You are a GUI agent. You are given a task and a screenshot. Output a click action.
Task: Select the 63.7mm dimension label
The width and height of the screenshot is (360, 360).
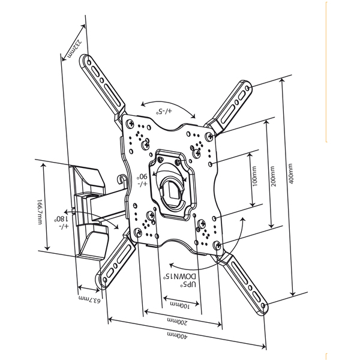[x=89, y=299]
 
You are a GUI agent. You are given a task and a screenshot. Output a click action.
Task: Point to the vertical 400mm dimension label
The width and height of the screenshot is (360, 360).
[x=290, y=173]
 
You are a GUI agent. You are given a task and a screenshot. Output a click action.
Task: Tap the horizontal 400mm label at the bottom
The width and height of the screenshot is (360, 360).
[x=177, y=335]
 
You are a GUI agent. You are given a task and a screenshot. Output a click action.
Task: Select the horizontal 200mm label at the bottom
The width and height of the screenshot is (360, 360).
[x=177, y=321]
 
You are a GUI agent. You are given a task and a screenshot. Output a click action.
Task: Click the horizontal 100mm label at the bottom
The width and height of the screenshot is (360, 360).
[x=180, y=305]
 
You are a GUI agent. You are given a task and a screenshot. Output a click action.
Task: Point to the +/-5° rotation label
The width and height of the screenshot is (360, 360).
[x=164, y=112]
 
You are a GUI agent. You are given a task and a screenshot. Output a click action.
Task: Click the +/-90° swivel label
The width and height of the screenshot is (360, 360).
[x=143, y=180]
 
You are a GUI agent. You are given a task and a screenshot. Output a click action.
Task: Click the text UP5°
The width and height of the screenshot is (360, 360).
[x=188, y=284]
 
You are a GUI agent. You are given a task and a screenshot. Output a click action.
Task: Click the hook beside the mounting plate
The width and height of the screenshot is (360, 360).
[x=121, y=179]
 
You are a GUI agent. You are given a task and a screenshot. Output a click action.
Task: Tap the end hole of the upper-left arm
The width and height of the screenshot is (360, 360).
[x=89, y=62]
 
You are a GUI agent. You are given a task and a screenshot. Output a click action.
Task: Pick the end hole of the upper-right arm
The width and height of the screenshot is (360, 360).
[x=247, y=88]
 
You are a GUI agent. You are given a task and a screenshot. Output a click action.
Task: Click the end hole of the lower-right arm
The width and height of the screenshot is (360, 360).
[x=263, y=305]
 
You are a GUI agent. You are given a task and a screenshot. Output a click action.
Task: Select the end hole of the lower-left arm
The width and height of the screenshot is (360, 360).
[x=105, y=280]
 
